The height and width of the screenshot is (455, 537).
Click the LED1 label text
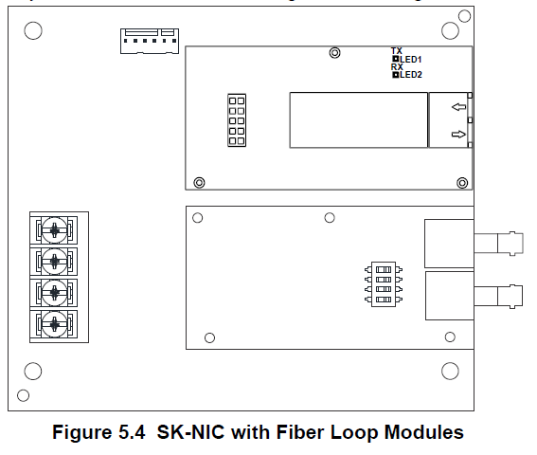tap(411, 60)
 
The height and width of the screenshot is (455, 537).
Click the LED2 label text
tap(411, 75)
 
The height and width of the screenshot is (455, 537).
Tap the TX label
tap(397, 51)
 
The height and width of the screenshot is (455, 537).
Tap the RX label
tap(397, 67)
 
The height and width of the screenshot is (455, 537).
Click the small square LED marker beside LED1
tap(396, 59)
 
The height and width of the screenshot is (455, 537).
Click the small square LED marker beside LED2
tap(396, 74)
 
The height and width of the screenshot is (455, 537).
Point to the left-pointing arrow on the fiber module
tap(459, 107)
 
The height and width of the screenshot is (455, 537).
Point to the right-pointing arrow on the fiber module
tap(458, 134)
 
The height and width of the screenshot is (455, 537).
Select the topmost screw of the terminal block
tap(54, 230)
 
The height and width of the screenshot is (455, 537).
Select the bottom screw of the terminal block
tap(54, 324)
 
